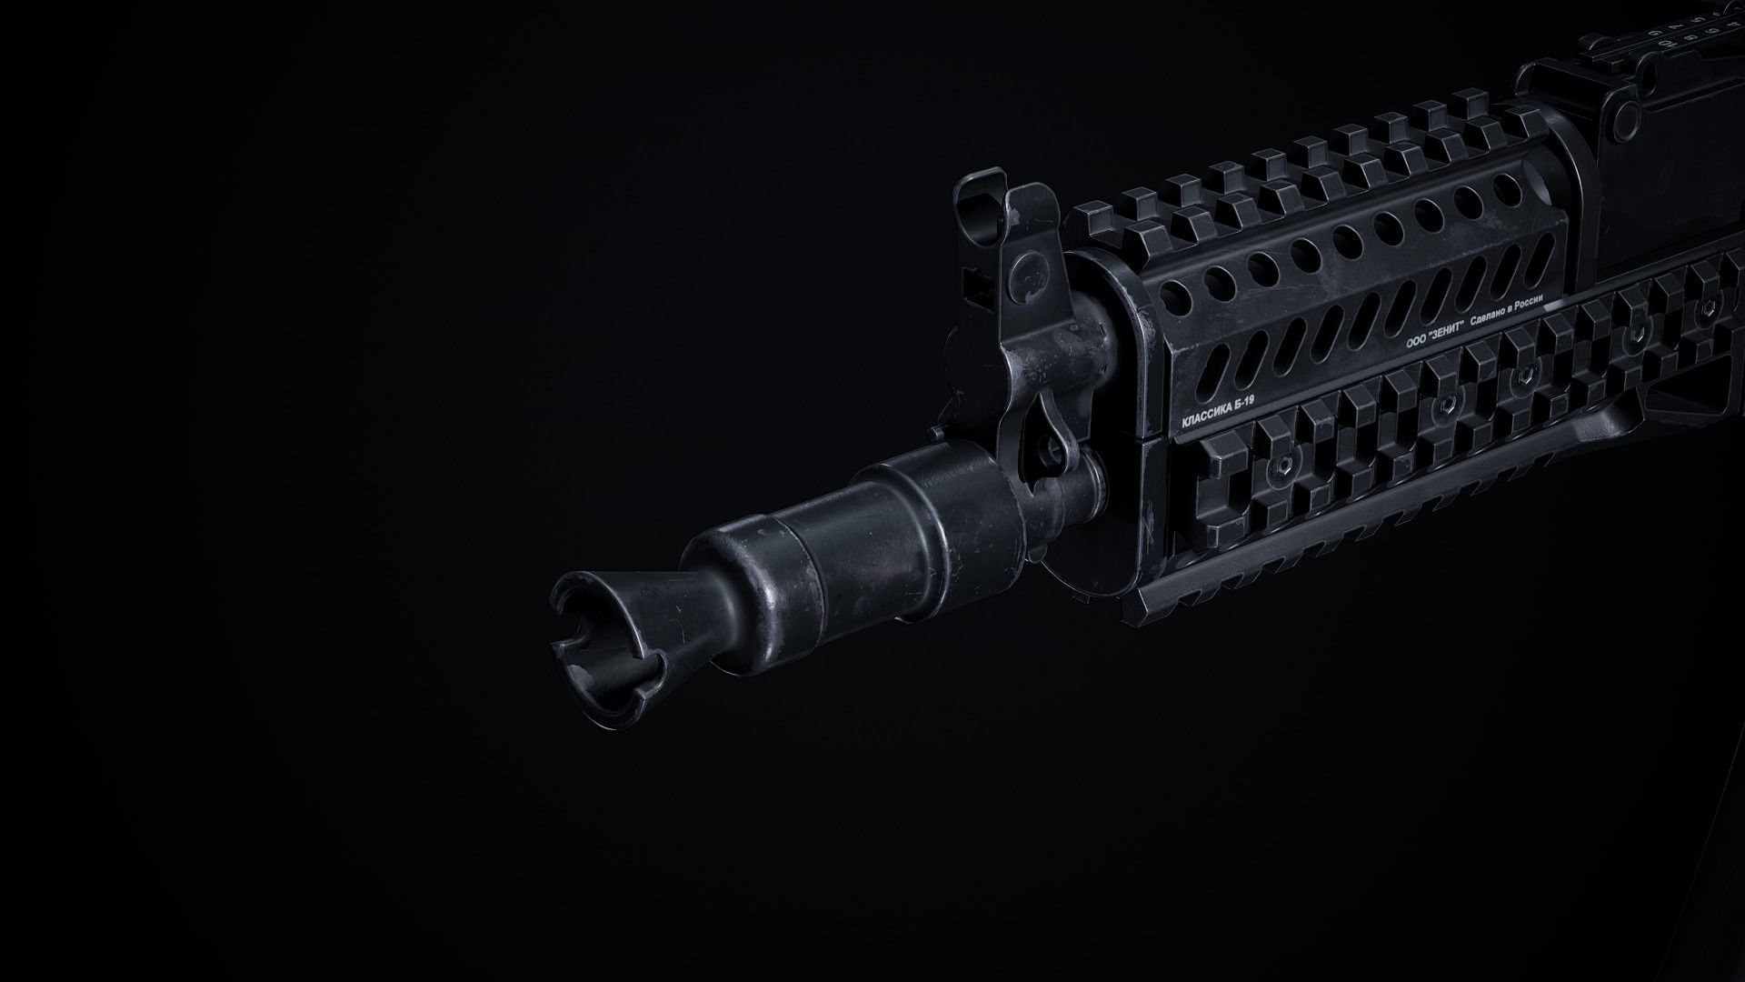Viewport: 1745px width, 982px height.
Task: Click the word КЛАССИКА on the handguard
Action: (x=1206, y=416)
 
